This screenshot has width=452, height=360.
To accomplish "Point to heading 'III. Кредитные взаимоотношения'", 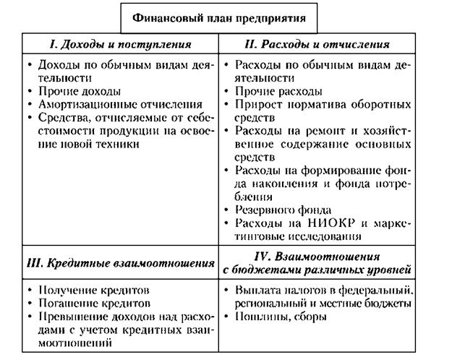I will (x=117, y=263).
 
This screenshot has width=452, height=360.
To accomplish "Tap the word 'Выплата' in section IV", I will (x=257, y=291).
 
